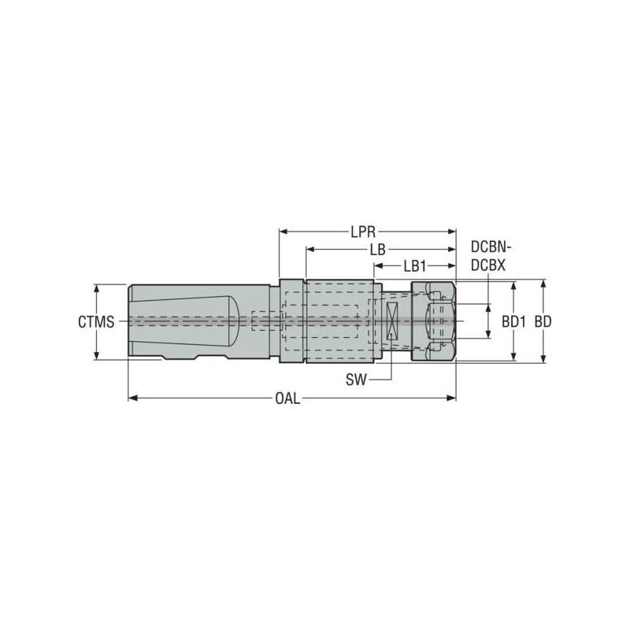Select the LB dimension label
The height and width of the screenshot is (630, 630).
tap(376, 250)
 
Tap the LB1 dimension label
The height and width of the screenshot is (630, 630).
tap(415, 266)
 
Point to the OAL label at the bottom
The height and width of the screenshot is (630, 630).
tap(287, 398)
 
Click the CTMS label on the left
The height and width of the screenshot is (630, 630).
tap(97, 322)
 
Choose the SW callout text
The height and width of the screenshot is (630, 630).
tap(356, 380)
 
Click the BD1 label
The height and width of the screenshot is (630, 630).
tap(513, 322)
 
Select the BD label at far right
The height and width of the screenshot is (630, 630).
tap(543, 322)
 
